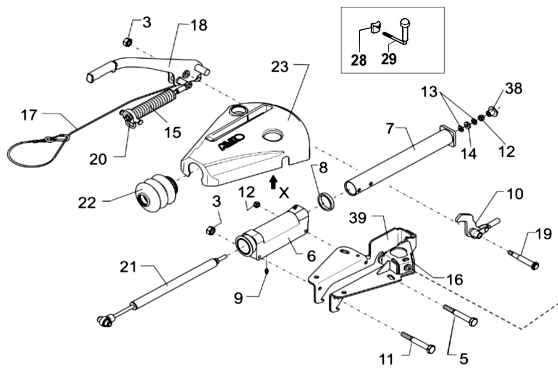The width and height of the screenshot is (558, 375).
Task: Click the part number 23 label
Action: coord(280,67)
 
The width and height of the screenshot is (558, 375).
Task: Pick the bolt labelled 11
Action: coord(418,342)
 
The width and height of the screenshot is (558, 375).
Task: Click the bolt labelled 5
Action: coord(460,315)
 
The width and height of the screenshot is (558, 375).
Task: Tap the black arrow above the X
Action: coord(273,183)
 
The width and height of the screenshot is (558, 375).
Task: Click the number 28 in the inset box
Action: coord(358,60)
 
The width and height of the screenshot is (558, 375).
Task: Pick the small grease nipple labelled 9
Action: coord(267,271)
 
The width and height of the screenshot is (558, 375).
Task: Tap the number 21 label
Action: coord(128,267)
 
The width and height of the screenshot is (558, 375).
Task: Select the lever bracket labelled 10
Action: coord(477,225)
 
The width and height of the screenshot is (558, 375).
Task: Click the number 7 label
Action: coord(390,129)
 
